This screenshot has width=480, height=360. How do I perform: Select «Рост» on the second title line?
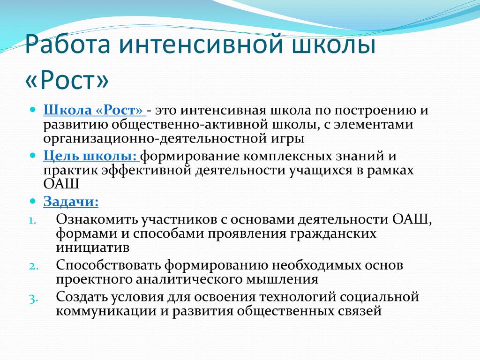coord(67,80)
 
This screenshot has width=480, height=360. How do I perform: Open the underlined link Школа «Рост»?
coord(94,110)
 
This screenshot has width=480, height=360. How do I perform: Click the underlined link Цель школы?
coord(91,156)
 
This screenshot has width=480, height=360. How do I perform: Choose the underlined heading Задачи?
coord(71,202)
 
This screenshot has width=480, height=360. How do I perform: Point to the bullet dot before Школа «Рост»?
coord(33,109)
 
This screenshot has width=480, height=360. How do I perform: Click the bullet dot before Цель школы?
coord(33,155)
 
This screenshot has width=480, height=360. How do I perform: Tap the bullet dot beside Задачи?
coord(33,201)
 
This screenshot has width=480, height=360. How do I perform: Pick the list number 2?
coord(33,266)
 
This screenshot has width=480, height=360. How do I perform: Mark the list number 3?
coord(33,299)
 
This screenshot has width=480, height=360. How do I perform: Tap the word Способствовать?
coord(108,265)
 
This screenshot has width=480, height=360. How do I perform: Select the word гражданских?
coord(333,234)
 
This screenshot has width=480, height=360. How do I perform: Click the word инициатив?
coord(93,248)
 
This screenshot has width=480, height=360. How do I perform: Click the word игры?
coord(287,139)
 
